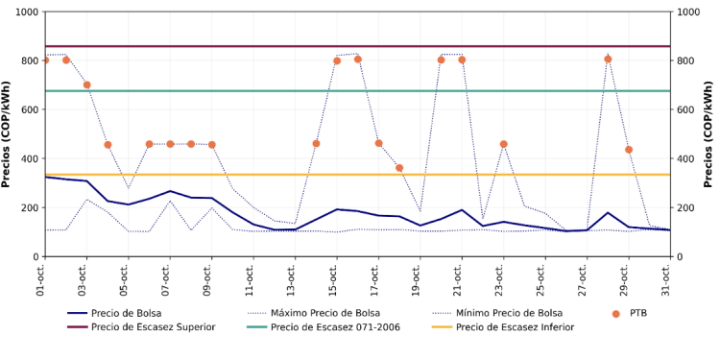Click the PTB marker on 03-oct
click(x=86, y=84)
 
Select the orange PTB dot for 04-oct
click(x=108, y=145)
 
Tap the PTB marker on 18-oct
click(x=399, y=168)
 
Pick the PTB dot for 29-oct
click(x=629, y=150)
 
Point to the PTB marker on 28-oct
click(x=608, y=60)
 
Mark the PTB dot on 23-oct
click(x=503, y=144)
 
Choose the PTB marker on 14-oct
click(x=316, y=144)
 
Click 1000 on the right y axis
click(x=690, y=12)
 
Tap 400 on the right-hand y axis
click(x=686, y=158)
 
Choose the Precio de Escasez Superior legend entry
click(x=153, y=327)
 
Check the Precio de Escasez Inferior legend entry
click(x=515, y=327)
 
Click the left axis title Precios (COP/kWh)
click(x=8, y=133)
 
